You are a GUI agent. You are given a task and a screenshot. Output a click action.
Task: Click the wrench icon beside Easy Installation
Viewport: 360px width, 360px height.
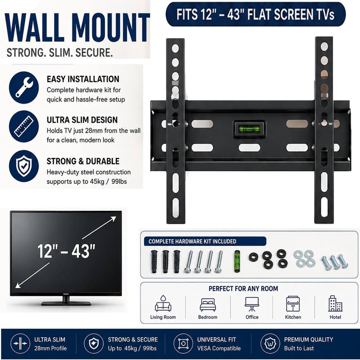point(24,87)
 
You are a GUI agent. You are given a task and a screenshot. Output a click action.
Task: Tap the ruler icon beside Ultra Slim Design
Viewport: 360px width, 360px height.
point(24,126)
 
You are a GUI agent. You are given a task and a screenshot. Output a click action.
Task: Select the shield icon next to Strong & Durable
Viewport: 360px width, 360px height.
point(24,166)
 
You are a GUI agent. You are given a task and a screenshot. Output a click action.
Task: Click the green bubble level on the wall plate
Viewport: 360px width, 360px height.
point(249,129)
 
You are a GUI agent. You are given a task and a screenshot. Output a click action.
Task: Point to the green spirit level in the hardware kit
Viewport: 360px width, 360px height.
point(237,261)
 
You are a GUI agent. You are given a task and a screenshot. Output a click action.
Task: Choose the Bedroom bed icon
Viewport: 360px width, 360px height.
point(208,305)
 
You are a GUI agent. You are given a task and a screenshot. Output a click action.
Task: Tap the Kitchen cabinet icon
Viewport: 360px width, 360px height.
point(293,303)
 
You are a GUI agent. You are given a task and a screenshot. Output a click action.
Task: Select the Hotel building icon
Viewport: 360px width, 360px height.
point(335,303)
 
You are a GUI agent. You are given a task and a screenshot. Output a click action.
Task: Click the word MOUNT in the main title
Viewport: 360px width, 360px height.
point(112,28)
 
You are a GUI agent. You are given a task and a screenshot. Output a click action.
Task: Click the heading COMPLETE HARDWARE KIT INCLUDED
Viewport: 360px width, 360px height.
point(192,241)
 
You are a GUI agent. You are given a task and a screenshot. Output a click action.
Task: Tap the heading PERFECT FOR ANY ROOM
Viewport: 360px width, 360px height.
point(243,288)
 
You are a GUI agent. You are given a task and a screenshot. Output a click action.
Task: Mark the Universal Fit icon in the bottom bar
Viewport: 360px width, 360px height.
point(183,343)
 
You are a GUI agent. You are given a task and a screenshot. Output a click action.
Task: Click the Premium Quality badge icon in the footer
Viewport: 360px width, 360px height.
point(270,343)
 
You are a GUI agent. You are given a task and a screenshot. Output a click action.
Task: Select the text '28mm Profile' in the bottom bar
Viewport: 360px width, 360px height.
point(50,348)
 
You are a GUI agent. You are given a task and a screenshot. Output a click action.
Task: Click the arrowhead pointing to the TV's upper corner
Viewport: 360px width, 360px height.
point(113,219)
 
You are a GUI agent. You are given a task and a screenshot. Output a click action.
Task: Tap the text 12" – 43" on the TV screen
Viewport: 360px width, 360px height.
point(66,251)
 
